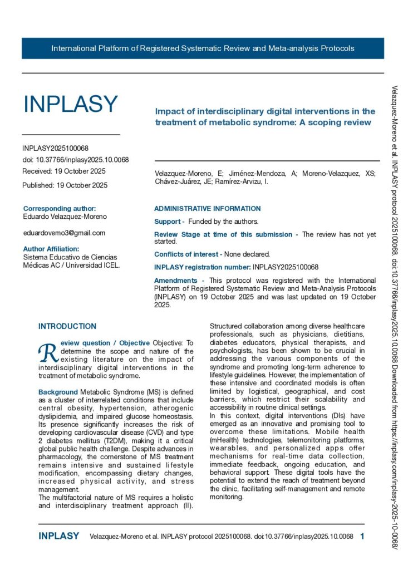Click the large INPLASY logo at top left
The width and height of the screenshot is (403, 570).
click(x=70, y=104)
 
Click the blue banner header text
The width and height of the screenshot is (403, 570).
click(x=203, y=48)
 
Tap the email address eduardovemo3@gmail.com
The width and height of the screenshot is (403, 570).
click(x=64, y=233)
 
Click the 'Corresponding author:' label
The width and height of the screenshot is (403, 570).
click(x=60, y=208)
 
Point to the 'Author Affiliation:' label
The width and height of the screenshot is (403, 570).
click(x=51, y=249)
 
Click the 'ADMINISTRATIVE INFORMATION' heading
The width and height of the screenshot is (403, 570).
click(x=207, y=209)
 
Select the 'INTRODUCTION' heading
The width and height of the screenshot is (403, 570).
click(x=67, y=326)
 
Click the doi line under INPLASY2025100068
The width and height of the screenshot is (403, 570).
click(x=75, y=160)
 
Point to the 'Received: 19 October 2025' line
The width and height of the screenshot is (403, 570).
click(x=64, y=171)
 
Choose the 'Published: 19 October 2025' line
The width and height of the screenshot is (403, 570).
click(x=65, y=185)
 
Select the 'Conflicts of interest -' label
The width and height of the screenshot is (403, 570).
click(x=188, y=254)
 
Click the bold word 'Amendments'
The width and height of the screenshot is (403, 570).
click(x=175, y=281)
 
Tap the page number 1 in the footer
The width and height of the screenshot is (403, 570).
click(x=362, y=536)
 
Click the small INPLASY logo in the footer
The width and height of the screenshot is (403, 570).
click(x=59, y=536)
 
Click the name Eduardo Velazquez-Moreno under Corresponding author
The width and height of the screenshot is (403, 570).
click(x=65, y=217)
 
